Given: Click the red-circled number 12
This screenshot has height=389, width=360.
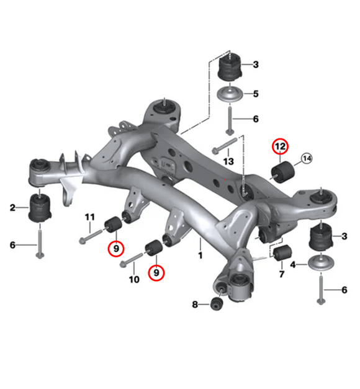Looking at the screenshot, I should (x=280, y=147).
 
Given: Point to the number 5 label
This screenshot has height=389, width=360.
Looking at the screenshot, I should (x=254, y=94).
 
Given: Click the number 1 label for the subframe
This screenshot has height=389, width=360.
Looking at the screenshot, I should (x=200, y=255).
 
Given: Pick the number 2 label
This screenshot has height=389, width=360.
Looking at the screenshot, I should (x=12, y=207).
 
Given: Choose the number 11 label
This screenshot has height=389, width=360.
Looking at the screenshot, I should (x=90, y=217).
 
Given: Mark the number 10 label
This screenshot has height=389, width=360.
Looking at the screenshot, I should (x=133, y=280).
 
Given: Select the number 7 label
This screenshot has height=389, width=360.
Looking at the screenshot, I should (x=281, y=273).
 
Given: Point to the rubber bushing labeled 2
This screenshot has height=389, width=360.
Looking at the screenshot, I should (x=40, y=209).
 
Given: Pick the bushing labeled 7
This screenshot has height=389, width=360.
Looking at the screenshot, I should (x=283, y=253).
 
